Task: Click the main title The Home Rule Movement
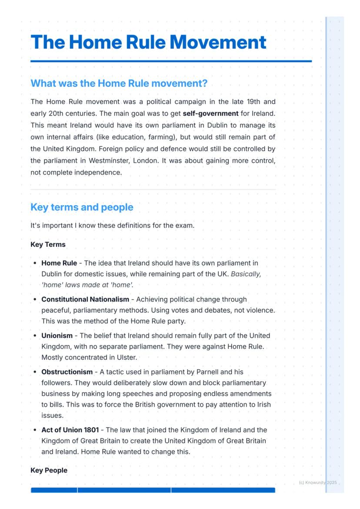click(x=148, y=42)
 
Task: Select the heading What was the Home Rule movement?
click(x=119, y=83)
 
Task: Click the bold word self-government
click(x=210, y=113)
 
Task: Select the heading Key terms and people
click(x=82, y=207)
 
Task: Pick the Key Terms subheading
click(x=48, y=244)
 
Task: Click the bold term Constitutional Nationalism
click(x=85, y=299)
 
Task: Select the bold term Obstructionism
click(x=67, y=372)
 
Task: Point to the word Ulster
click(x=126, y=357)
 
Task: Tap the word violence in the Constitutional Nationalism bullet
click(x=260, y=310)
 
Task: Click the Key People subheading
click(x=49, y=470)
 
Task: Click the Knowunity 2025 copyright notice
click(x=318, y=482)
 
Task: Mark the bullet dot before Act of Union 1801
click(x=35, y=430)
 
